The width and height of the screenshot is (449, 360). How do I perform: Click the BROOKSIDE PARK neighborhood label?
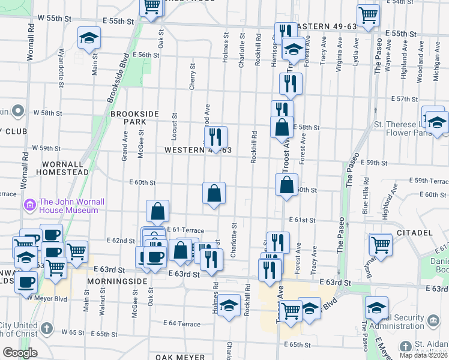click(134, 117)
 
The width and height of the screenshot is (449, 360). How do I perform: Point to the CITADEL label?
click(414, 232)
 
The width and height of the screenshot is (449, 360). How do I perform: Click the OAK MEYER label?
click(180, 357)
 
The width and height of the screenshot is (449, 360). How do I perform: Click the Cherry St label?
click(193, 77)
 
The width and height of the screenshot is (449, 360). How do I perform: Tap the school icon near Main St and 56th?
click(89, 38)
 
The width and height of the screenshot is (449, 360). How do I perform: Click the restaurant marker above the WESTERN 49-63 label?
click(215, 136)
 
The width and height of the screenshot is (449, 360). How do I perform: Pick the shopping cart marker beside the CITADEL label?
click(380, 243)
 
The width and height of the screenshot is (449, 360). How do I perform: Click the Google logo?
click(20, 352)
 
